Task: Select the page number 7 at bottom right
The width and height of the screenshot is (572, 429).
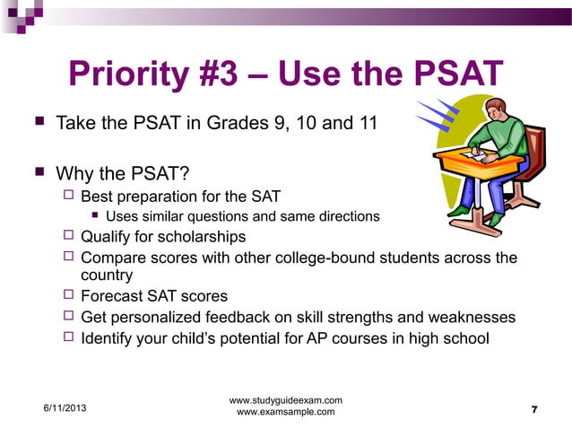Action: (x=534, y=410)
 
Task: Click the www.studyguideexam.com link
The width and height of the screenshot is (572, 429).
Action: (x=285, y=398)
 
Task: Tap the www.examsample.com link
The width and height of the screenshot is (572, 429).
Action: (x=285, y=412)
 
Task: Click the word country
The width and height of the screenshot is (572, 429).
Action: (x=107, y=276)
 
